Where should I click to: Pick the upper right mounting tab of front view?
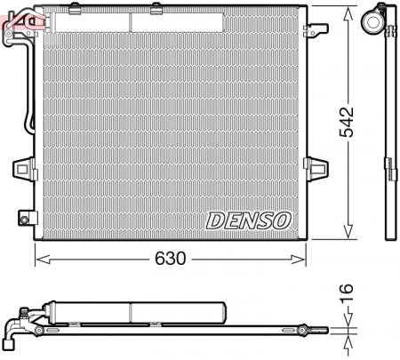click(312, 32)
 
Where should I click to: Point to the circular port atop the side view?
click(377, 18)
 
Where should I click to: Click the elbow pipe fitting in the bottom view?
click(12, 331)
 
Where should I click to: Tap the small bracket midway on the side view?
click(388, 165)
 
